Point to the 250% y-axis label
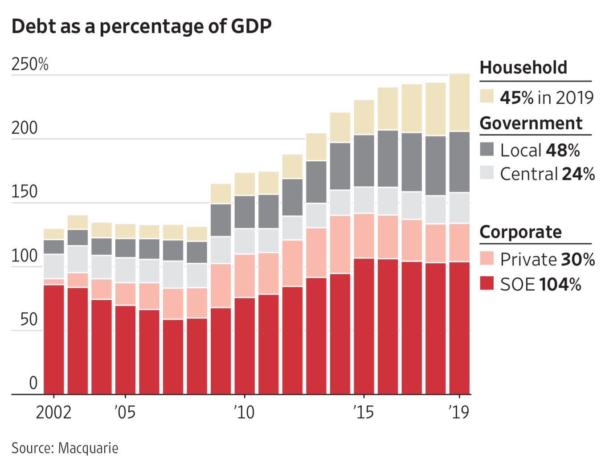[30, 65]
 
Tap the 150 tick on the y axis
[24, 192]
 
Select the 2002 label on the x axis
[53, 413]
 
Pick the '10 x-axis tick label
[244, 413]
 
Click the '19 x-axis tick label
[459, 413]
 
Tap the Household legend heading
[523, 68]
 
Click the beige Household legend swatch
[487, 96]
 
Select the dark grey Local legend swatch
[487, 149]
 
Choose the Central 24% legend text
[548, 174]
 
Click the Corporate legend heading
[521, 232]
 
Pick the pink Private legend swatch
[487, 258]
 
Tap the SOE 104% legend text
[540, 284]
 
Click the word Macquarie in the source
[88, 448]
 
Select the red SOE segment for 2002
[54, 339]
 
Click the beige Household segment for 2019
[459, 102]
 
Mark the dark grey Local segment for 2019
[459, 162]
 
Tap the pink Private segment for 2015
[364, 236]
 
